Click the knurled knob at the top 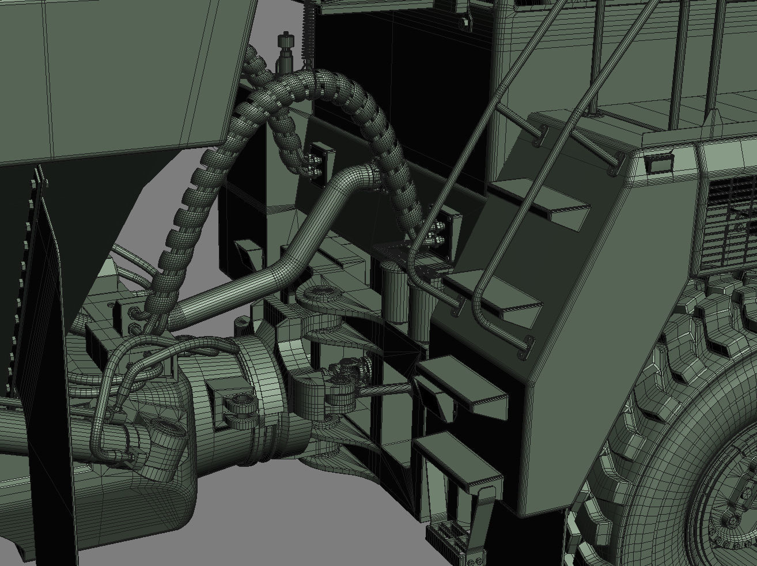tap(283, 41)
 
